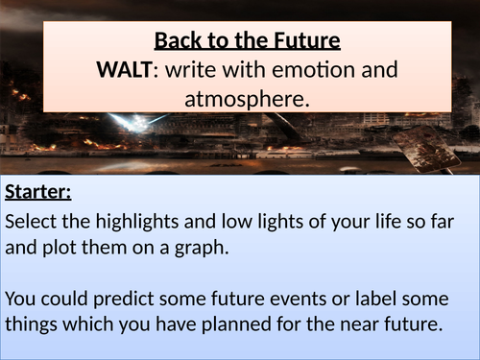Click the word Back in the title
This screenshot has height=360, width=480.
[x=178, y=43]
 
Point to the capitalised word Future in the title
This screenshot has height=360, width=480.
[x=296, y=43]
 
